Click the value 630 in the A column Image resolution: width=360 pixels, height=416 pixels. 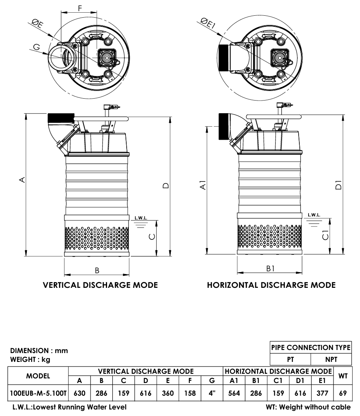tap(79, 393)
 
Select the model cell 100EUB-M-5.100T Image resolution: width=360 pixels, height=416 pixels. tap(38, 393)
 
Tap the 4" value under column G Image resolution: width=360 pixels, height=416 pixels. tap(212, 393)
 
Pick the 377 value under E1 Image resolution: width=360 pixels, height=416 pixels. tap(322, 393)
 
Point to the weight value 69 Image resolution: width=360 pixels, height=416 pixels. tap(343, 393)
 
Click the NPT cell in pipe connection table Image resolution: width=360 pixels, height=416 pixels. tap(331, 360)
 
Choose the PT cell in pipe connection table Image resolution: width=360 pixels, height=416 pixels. tap(291, 360)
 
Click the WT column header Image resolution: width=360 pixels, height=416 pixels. tap(343, 376)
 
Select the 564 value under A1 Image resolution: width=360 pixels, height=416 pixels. tap(234, 393)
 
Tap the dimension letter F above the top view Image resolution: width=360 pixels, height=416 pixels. tap(80, 8)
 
